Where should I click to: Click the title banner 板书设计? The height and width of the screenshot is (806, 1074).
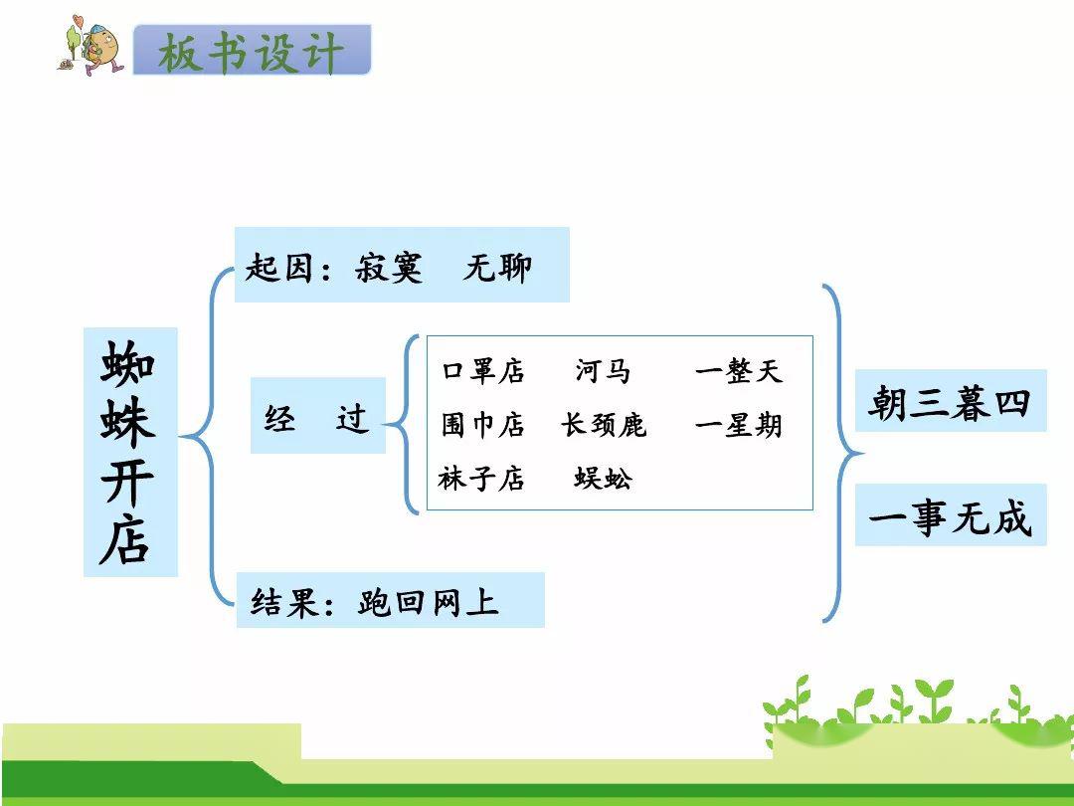(252, 50)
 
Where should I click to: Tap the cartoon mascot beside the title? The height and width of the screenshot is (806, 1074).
(90, 45)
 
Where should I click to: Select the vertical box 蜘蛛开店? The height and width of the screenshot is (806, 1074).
(130, 452)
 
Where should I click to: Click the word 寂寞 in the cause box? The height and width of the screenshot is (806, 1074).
(389, 267)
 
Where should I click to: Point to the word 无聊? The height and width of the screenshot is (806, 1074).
(497, 267)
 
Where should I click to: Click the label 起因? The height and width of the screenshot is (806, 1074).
(278, 267)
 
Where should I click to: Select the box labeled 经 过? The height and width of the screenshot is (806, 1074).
(318, 415)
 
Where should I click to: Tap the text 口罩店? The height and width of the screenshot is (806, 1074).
(483, 371)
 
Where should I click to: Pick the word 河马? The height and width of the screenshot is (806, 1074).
(603, 371)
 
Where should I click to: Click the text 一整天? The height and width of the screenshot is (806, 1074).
(738, 371)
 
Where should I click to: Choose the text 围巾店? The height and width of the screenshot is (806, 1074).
(483, 425)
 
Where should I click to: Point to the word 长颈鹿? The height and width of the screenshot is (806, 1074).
(604, 425)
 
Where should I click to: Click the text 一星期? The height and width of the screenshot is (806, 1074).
(738, 425)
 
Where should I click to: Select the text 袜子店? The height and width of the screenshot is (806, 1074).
(481, 479)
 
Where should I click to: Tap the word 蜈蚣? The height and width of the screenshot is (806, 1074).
(603, 479)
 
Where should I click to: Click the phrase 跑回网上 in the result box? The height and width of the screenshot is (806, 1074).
(428, 602)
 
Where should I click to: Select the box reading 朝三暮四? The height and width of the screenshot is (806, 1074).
(951, 401)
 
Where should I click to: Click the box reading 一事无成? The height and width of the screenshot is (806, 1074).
(951, 515)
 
